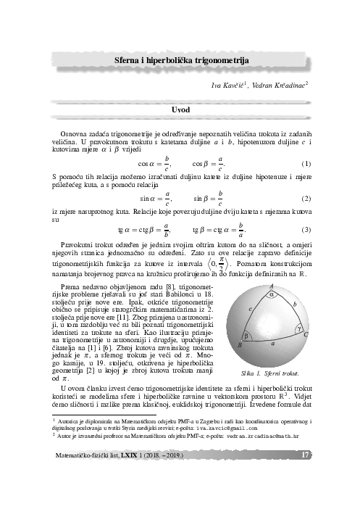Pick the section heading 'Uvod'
[180, 109]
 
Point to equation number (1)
[306, 163]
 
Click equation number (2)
[306, 198]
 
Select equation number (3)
[306, 231]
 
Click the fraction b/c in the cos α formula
[167, 162]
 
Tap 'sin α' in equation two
[149, 198]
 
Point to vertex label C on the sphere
[306, 334]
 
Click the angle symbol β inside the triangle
[247, 336]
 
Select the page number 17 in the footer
[305, 455]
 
